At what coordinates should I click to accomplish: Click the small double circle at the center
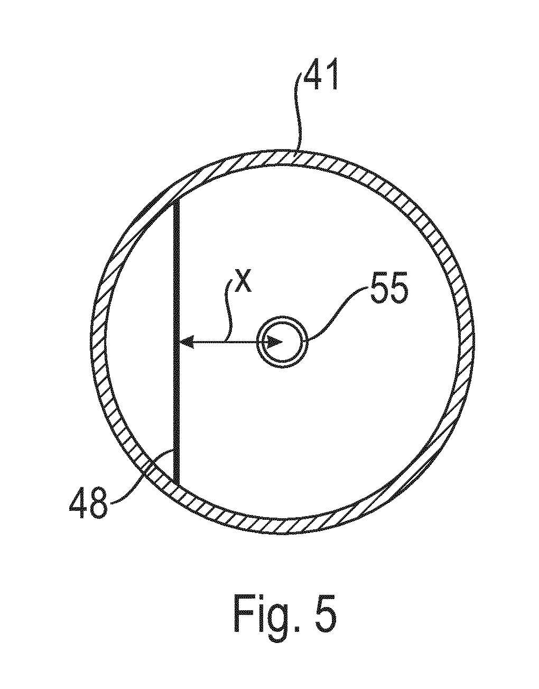tap(282, 342)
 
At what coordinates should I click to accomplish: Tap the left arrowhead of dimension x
tap(187, 342)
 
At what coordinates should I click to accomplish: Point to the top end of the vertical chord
tap(177, 199)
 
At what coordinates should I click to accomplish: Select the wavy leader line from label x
tap(229, 310)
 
